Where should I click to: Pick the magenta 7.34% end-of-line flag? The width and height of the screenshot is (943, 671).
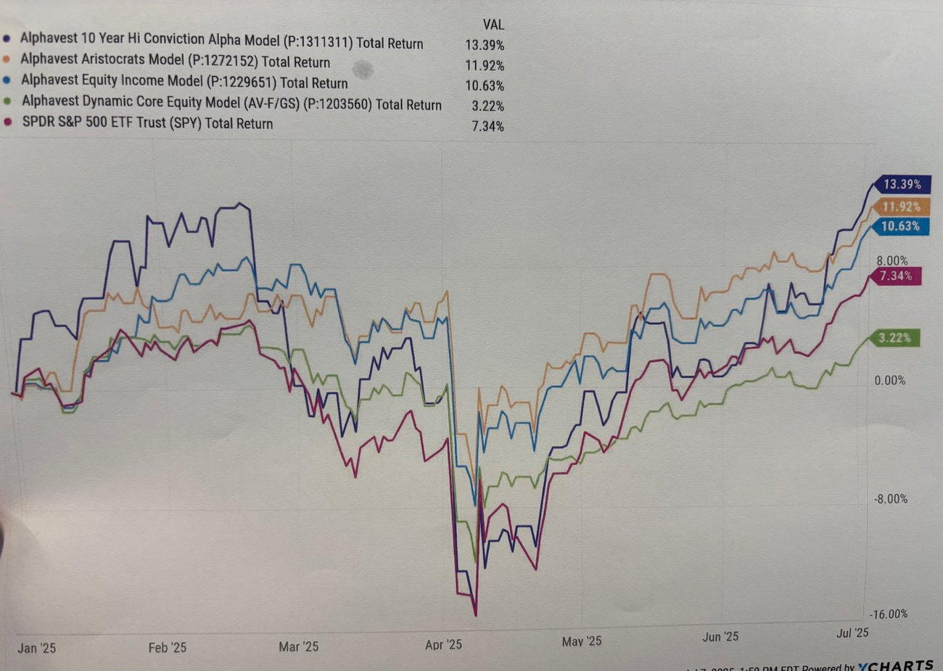(x=895, y=276)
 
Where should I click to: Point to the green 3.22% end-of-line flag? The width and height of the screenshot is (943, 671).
(x=894, y=338)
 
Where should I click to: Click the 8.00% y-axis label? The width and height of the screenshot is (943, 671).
(x=891, y=261)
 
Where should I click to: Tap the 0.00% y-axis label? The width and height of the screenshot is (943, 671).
(x=889, y=380)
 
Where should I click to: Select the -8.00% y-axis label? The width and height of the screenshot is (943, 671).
(x=889, y=499)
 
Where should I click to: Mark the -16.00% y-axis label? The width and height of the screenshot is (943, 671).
(x=889, y=614)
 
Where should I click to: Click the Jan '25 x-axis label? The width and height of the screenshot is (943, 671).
(x=36, y=649)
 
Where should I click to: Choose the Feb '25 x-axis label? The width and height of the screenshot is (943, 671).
(x=167, y=648)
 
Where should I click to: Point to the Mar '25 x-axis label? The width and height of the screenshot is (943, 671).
(x=298, y=646)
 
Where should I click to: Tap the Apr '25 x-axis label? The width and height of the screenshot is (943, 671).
(x=443, y=645)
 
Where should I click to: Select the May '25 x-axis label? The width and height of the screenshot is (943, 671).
(x=582, y=641)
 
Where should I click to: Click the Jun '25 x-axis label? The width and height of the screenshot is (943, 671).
(x=720, y=637)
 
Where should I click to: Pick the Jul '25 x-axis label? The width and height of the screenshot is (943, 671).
(x=852, y=633)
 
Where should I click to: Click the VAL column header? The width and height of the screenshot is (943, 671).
(x=493, y=25)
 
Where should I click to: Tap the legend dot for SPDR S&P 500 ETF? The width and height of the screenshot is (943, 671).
(x=8, y=123)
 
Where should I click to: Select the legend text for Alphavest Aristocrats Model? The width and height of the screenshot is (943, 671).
(x=175, y=61)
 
